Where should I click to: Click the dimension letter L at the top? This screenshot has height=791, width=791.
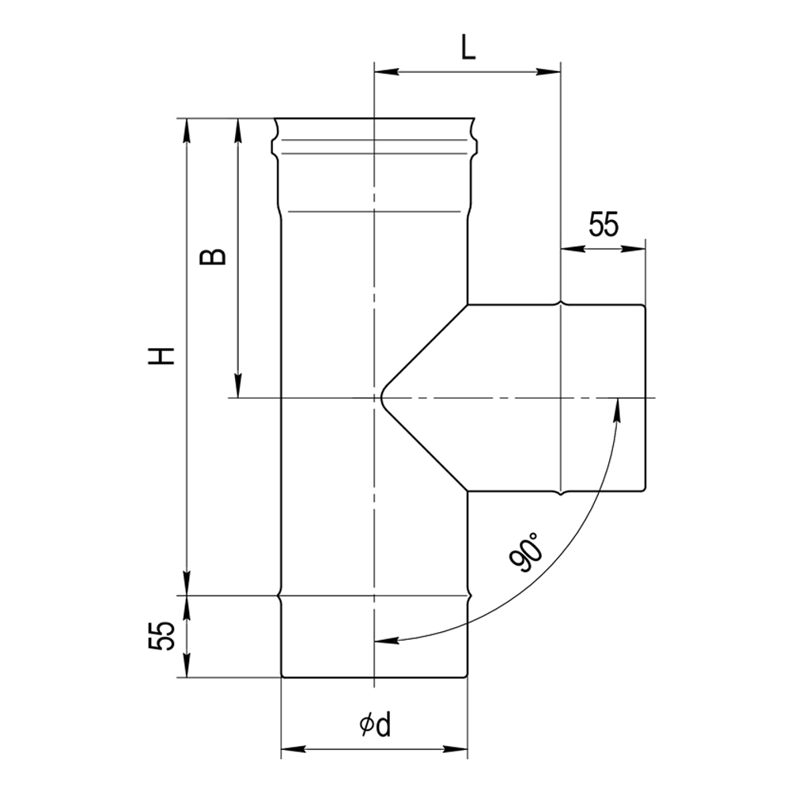point(468,49)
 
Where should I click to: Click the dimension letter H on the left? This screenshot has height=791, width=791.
point(161,356)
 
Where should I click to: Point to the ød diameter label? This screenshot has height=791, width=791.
point(375,725)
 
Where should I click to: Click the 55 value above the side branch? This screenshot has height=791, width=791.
point(603,224)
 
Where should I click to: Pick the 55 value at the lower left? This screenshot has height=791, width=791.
point(161,636)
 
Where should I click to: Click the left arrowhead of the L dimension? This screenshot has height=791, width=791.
point(387,72)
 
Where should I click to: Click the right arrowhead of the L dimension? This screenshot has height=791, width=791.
point(548,72)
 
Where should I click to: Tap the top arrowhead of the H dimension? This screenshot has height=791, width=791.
point(187,131)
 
